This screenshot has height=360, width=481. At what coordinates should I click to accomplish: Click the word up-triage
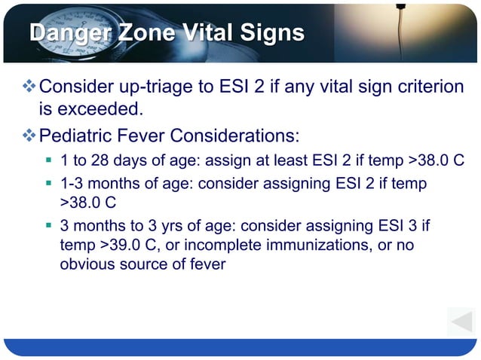pyautogui.click(x=155, y=87)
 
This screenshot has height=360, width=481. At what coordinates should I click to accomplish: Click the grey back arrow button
pyautogui.click(x=460, y=322)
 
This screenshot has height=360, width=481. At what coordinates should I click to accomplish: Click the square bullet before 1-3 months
pyautogui.click(x=48, y=183)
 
